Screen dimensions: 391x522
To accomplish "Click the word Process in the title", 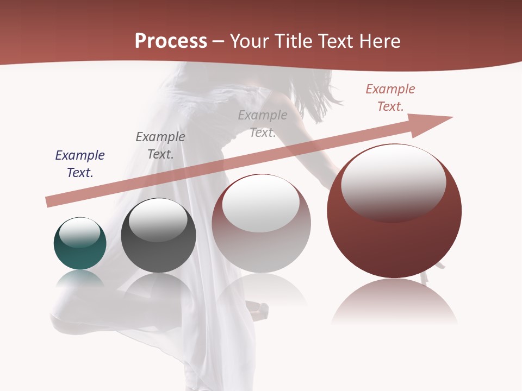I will pyautogui.click(x=171, y=41).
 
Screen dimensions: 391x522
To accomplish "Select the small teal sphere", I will pyautogui.click(x=80, y=253).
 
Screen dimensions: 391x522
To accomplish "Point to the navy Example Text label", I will pyautogui.click(x=80, y=164).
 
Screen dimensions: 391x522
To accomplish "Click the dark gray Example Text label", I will pyautogui.click(x=160, y=146).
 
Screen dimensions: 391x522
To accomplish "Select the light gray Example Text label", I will pyautogui.click(x=263, y=123).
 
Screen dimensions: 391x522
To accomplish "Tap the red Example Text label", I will pyautogui.click(x=390, y=98).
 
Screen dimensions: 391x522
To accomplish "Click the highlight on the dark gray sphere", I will pyautogui.click(x=158, y=220).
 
